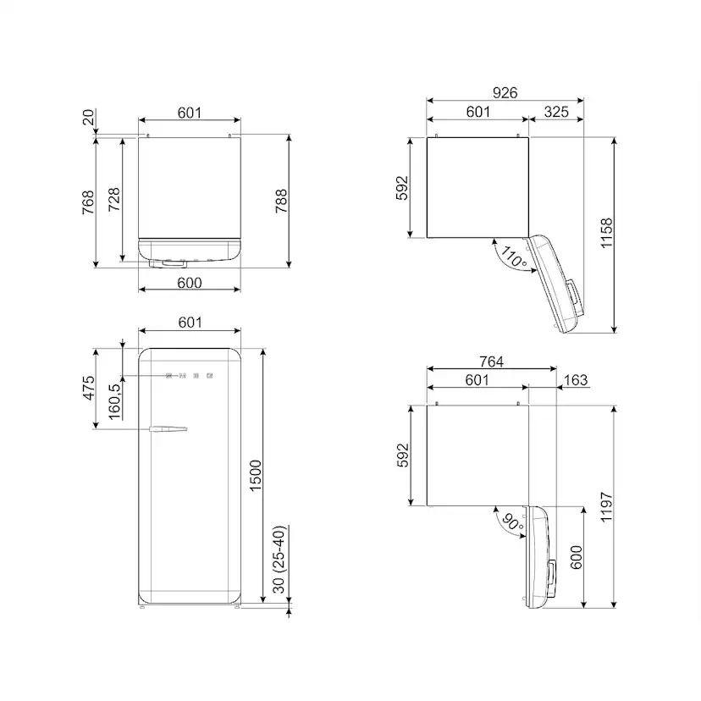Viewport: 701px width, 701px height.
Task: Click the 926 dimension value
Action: coord(505,92)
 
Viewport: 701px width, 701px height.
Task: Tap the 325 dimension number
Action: coord(556,111)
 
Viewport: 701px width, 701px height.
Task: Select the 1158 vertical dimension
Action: coord(606,233)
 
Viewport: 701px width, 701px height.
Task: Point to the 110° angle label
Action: coord(514,257)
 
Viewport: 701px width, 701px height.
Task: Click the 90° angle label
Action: coord(513,522)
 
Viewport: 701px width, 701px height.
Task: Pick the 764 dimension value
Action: coord(491,362)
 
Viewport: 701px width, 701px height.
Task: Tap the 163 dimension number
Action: coord(576,380)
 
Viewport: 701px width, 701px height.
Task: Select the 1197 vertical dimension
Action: coord(606,506)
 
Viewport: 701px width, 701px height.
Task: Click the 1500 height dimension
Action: coord(256,476)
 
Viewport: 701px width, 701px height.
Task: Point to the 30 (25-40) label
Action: coord(279,560)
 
